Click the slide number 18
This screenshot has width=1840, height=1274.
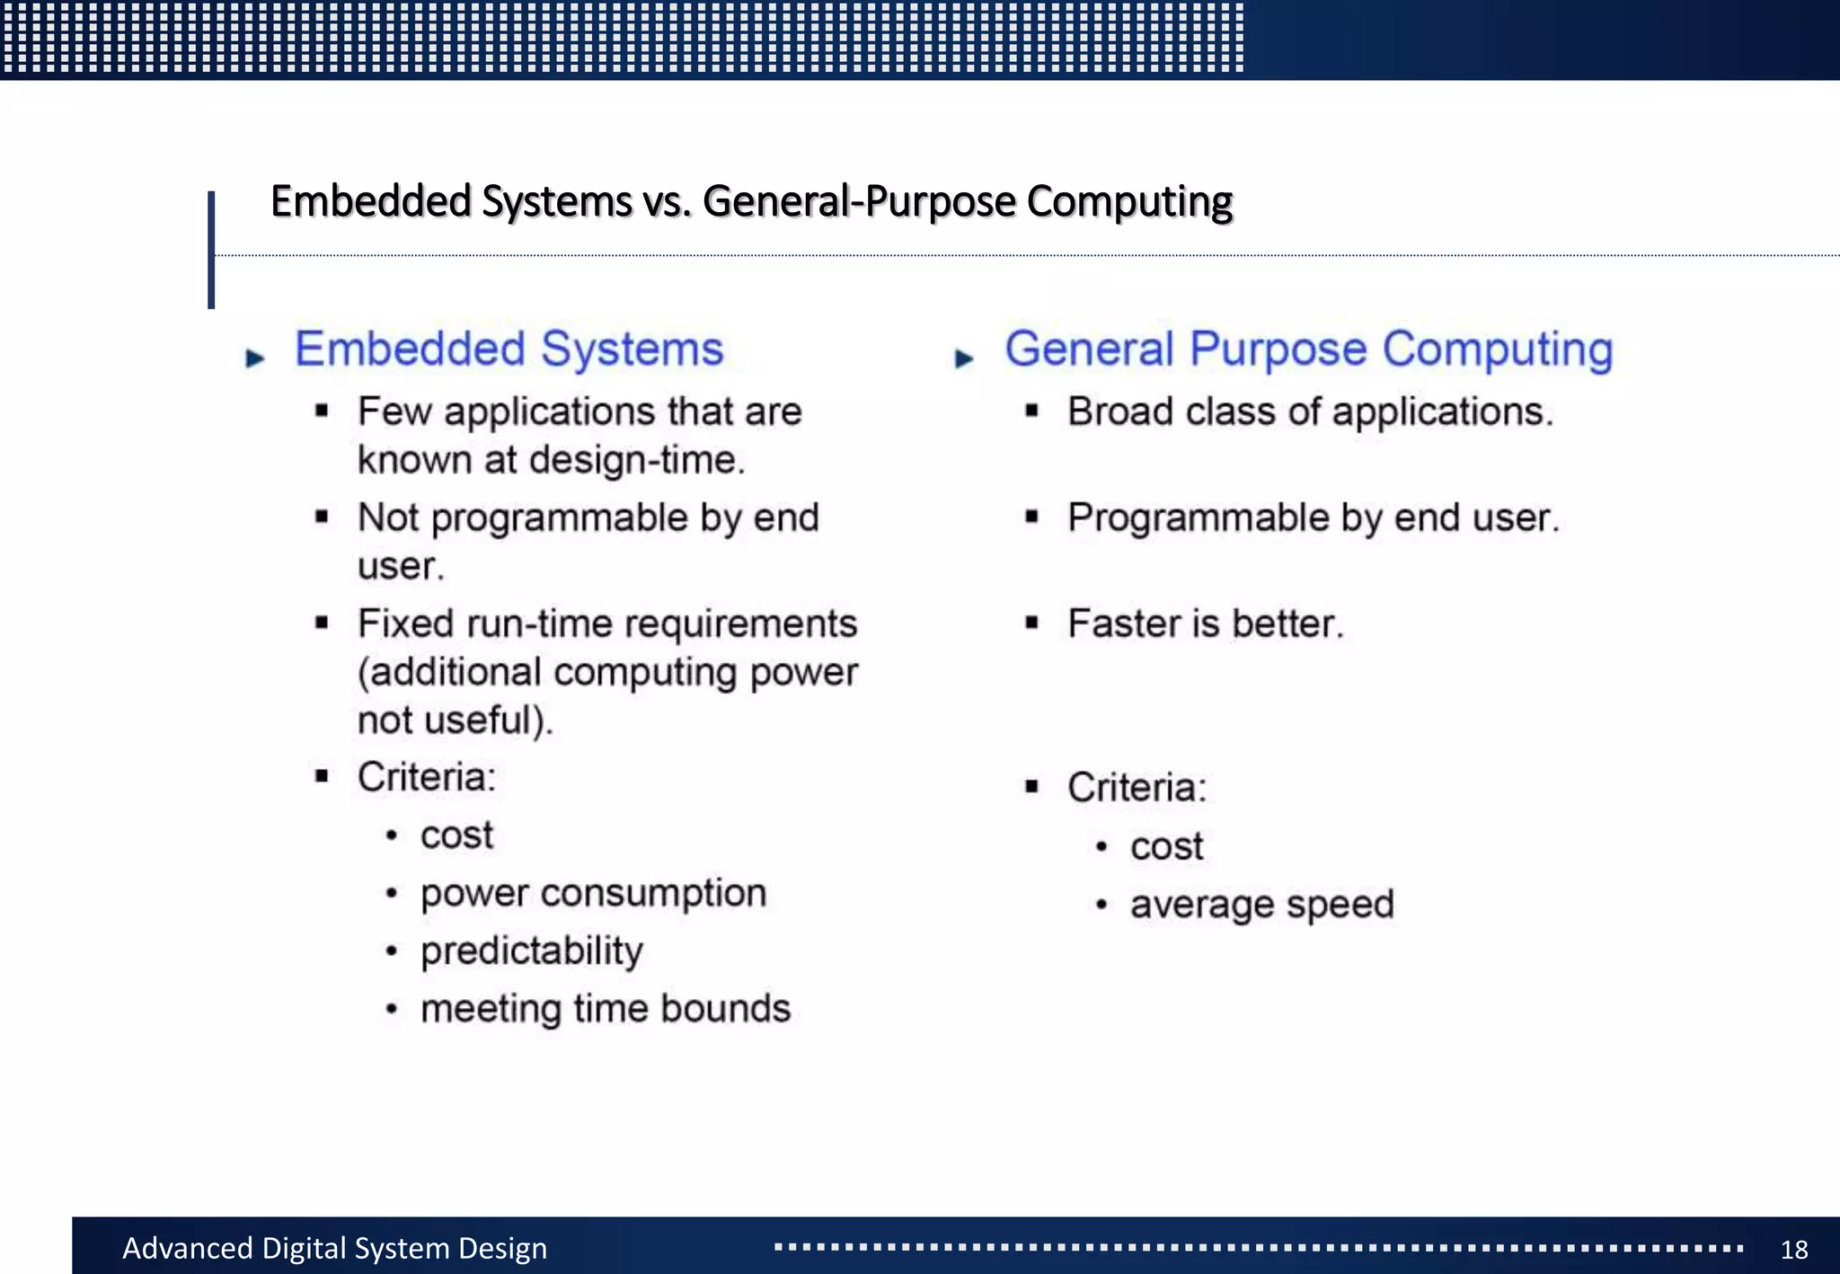pyautogui.click(x=1793, y=1249)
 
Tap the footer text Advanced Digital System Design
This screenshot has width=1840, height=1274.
pyautogui.click(x=334, y=1248)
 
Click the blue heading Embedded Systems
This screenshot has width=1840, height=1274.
pyautogui.click(x=509, y=349)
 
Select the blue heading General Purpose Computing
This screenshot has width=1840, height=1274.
pyautogui.click(x=1308, y=349)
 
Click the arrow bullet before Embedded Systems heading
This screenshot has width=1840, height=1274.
pyautogui.click(x=255, y=358)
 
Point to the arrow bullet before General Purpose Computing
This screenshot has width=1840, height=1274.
pyautogui.click(x=964, y=358)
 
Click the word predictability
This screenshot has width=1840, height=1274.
pyautogui.click(x=532, y=951)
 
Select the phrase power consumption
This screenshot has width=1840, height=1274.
pyautogui.click(x=593, y=893)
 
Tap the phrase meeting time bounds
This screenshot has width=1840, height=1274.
pyautogui.click(x=606, y=1008)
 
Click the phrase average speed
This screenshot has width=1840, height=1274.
pyautogui.click(x=1261, y=904)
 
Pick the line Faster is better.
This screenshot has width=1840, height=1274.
pyautogui.click(x=1205, y=624)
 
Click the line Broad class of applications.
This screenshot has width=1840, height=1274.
pyautogui.click(x=1310, y=411)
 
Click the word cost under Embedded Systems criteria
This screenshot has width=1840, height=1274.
pyautogui.click(x=456, y=835)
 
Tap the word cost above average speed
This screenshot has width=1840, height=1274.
pyautogui.click(x=1166, y=846)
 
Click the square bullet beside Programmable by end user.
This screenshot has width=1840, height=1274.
pyautogui.click(x=1031, y=517)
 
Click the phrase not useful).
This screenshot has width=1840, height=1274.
pyautogui.click(x=455, y=721)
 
